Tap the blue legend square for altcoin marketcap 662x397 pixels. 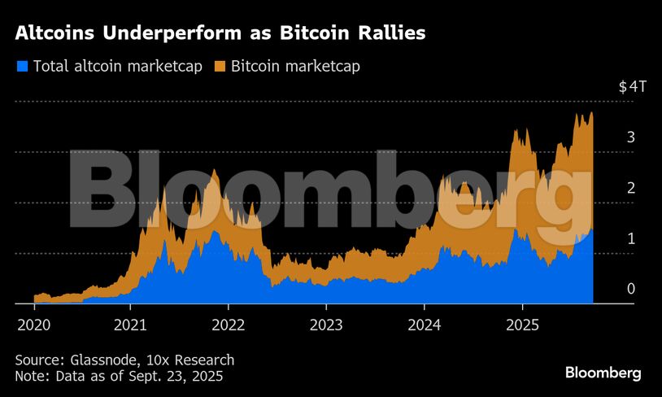(x=22, y=66)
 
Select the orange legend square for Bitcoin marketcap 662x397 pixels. (x=220, y=66)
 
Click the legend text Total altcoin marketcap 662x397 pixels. (x=119, y=66)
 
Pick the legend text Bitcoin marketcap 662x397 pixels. (x=295, y=66)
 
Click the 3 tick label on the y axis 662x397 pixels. (x=630, y=137)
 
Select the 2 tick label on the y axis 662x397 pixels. (x=630, y=188)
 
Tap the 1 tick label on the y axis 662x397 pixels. (x=630, y=238)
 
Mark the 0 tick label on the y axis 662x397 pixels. (x=630, y=289)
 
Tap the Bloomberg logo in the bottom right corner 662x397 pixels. (x=603, y=373)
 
